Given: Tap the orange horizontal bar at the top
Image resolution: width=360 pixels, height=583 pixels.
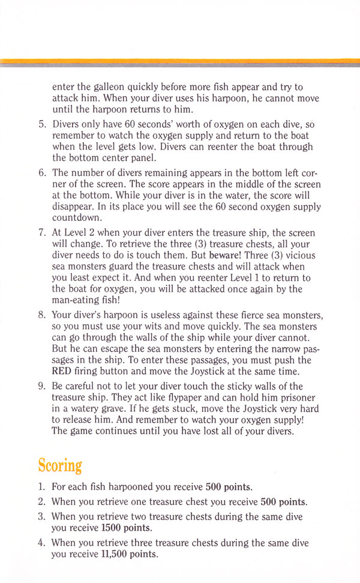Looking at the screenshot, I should tap(180, 61).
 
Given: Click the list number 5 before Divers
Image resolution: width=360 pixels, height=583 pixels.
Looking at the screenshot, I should tap(42, 124).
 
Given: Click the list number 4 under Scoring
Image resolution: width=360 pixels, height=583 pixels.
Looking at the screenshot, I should tap(42, 542).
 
